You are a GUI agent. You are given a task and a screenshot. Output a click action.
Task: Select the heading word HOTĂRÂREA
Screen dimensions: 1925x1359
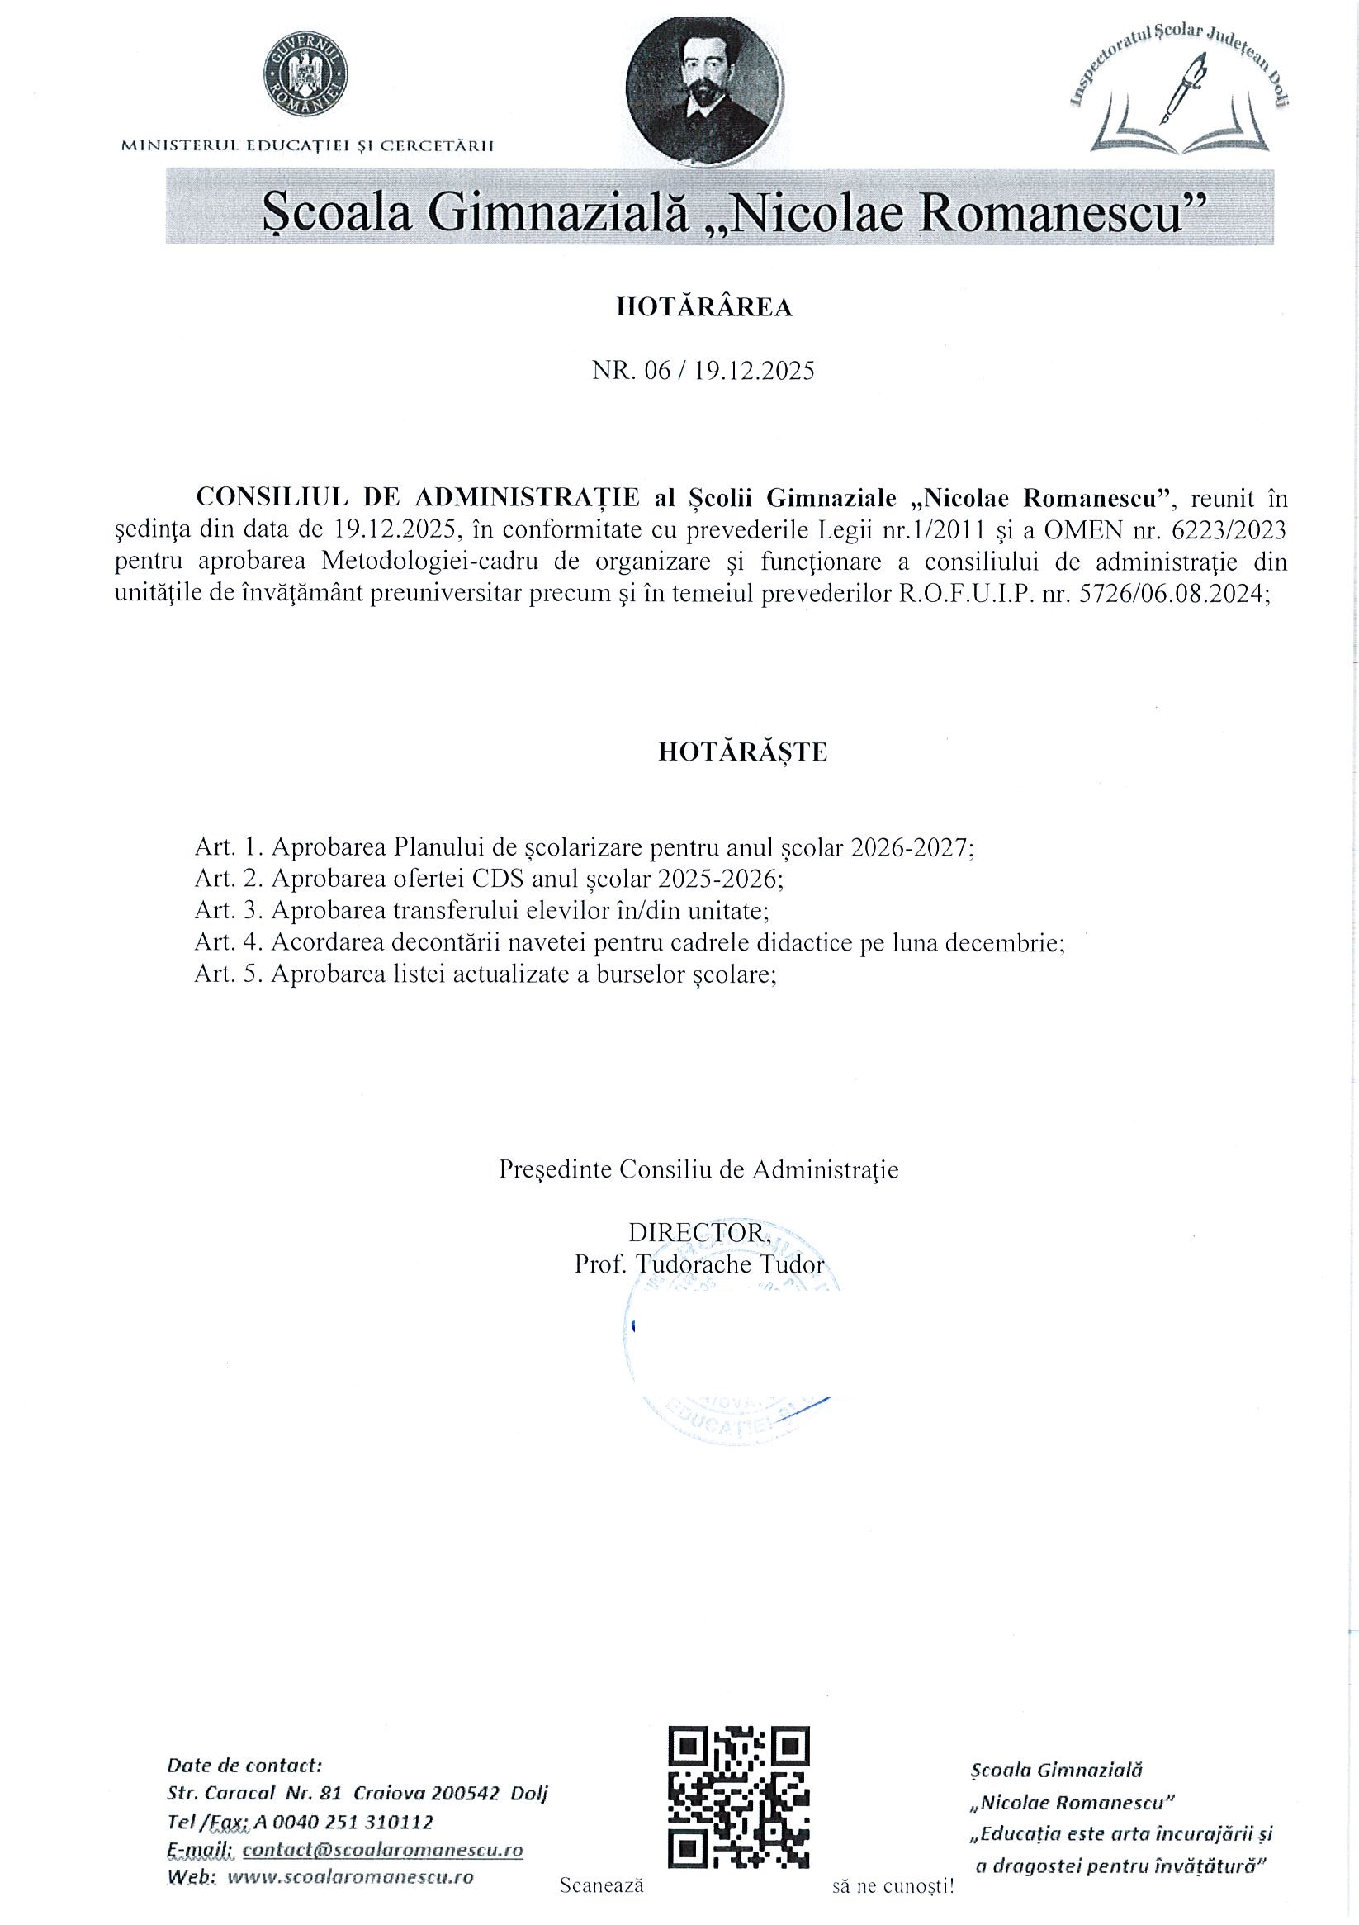[x=704, y=309]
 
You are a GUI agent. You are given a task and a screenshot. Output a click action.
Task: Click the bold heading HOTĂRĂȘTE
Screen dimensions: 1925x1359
[x=743, y=752]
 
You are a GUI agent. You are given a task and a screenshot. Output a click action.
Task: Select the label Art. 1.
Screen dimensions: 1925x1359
[x=228, y=846]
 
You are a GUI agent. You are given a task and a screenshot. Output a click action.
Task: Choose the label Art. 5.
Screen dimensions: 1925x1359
[x=228, y=974]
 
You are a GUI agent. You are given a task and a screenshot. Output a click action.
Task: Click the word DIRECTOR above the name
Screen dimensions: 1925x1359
[x=698, y=1231]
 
